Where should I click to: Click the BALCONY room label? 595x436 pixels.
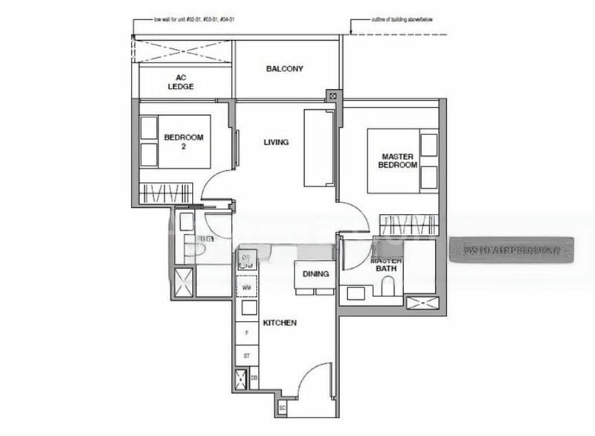(284, 69)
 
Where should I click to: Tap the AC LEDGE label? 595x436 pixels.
(180, 82)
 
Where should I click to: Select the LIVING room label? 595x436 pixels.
(275, 142)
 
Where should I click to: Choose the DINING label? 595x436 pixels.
(315, 274)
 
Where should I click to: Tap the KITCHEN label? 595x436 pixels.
(280, 323)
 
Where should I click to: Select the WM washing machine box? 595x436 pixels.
(246, 287)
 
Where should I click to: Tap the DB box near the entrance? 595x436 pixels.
(254, 379)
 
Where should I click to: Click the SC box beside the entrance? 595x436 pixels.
(282, 407)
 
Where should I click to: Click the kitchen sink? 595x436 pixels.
(245, 260)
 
